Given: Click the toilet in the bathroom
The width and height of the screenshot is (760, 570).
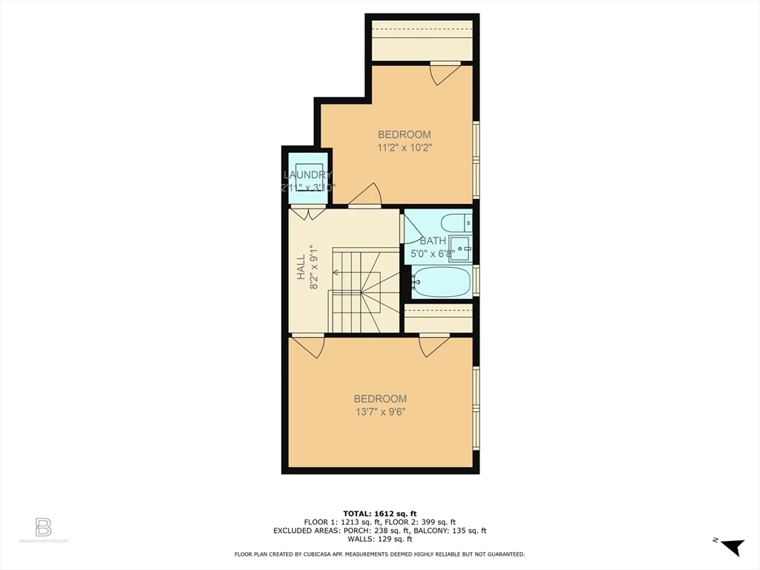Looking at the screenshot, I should pos(455,222).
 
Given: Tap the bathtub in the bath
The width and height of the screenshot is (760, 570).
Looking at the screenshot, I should pos(442,283).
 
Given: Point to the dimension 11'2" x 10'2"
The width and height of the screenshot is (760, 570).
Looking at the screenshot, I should pos(404,148).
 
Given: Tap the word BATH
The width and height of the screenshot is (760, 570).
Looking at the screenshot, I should pos(433,240).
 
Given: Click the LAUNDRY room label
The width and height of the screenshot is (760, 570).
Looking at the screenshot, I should pos(307,175).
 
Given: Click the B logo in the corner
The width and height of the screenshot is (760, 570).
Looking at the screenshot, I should pos(43,528).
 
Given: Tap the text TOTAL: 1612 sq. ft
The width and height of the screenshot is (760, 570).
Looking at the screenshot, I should pos(380,513).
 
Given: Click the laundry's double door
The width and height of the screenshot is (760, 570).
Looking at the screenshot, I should pos(307,213).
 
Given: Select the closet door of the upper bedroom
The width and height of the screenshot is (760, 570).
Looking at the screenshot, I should pos(445,72).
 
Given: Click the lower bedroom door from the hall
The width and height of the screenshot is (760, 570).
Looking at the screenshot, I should pos(308,345).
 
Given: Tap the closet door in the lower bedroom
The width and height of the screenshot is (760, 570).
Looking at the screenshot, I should pos(434,345).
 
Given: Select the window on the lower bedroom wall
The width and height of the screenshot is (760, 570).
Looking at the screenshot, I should pos(476,407).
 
